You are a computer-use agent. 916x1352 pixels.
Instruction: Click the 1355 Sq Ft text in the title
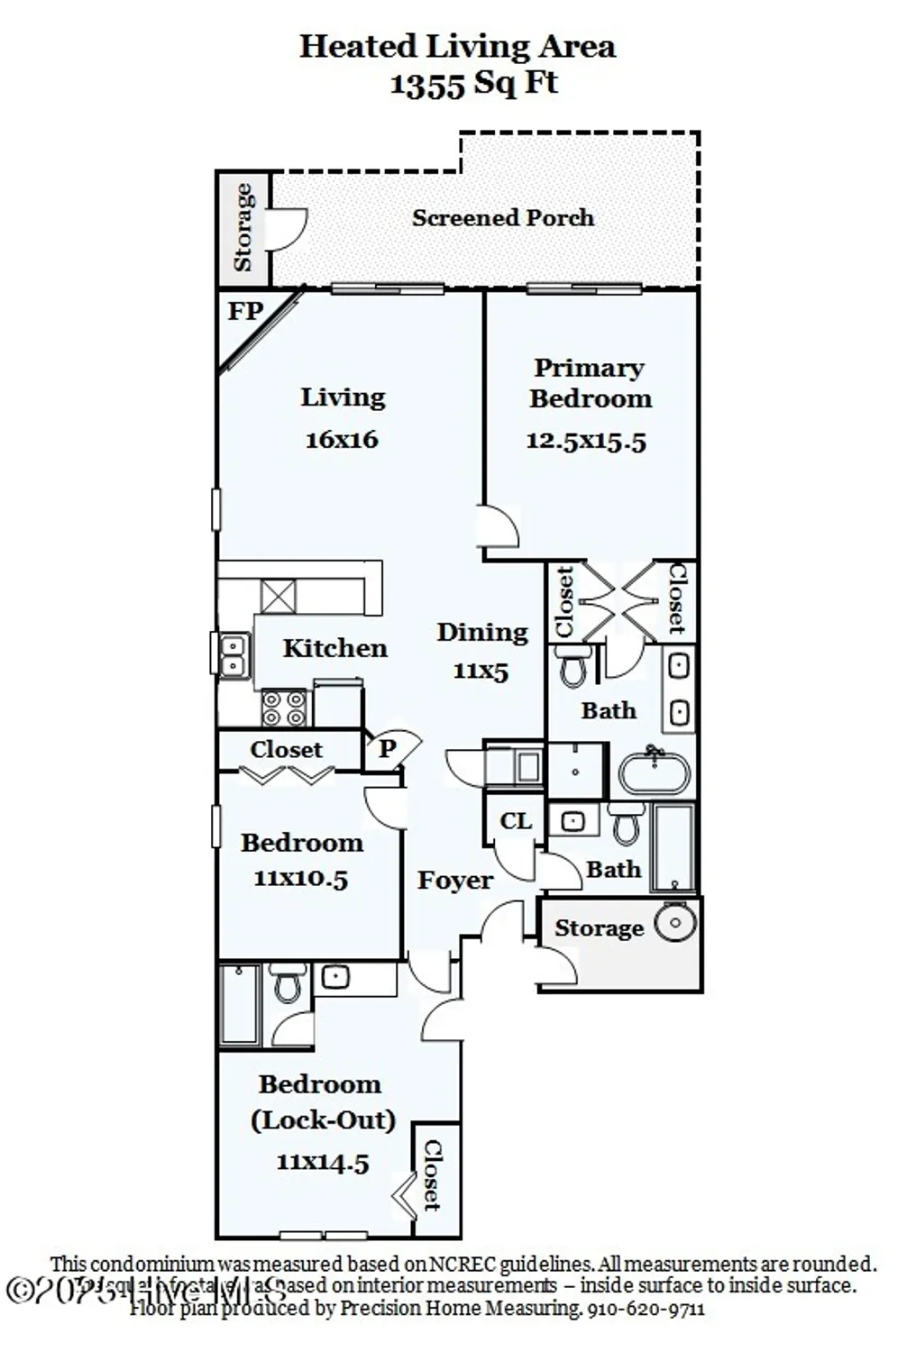(x=473, y=83)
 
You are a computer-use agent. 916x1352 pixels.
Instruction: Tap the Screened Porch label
(x=502, y=218)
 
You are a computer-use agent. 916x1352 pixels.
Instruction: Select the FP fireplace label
(x=244, y=312)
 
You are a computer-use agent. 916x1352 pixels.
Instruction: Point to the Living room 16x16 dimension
(x=342, y=440)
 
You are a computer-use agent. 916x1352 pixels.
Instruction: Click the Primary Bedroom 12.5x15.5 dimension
(x=586, y=441)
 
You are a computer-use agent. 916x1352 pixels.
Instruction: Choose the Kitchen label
(x=334, y=648)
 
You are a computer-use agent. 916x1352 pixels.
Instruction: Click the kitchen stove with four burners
(x=283, y=708)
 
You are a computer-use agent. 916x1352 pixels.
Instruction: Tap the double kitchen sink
(x=234, y=655)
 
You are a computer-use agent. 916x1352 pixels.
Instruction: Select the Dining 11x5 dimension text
(x=481, y=671)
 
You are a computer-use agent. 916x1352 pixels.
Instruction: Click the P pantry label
(x=387, y=749)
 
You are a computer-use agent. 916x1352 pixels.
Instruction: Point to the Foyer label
(x=454, y=881)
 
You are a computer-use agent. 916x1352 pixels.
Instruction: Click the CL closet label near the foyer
(x=516, y=821)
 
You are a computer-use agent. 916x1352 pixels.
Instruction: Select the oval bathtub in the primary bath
(x=655, y=773)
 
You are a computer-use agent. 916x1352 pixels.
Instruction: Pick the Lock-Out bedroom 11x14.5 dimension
(x=322, y=1163)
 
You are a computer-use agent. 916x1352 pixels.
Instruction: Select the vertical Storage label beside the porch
(x=243, y=227)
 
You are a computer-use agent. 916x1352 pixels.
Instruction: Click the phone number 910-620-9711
(x=646, y=1308)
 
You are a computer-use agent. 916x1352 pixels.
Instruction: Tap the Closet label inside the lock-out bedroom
(x=432, y=1175)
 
